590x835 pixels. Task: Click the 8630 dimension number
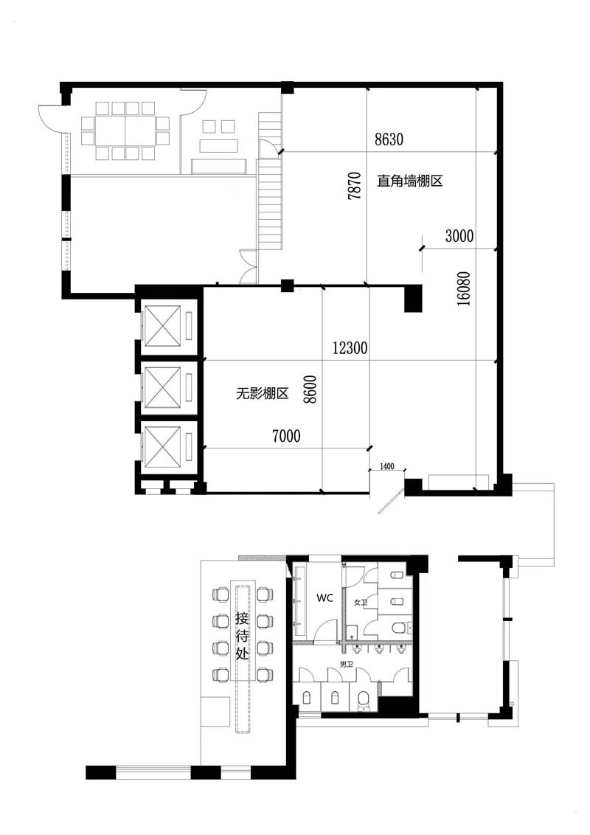[389, 139]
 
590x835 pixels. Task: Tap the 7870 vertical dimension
[354, 185]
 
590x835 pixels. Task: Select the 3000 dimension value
[459, 235]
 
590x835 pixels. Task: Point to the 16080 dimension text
[464, 288]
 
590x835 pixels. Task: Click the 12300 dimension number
[350, 348]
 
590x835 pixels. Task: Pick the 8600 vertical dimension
[310, 389]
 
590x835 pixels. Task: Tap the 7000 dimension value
[286, 436]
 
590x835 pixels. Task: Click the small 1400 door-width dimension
[387, 466]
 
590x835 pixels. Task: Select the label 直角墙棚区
[410, 181]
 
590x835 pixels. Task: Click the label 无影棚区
[262, 394]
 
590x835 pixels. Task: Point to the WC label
[324, 598]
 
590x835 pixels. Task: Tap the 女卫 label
[361, 603]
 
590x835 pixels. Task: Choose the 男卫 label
[347, 665]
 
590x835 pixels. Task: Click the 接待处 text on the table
[243, 636]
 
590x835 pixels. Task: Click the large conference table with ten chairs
[125, 131]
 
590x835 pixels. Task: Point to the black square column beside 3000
[413, 299]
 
